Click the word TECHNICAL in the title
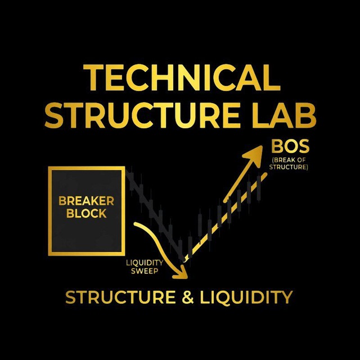[x=182, y=78]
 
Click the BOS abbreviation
[x=290, y=146]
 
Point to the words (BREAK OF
[x=289, y=160]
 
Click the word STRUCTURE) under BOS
[x=289, y=167]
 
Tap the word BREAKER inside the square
[x=86, y=201]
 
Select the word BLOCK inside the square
[x=86, y=213]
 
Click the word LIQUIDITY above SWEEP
[x=145, y=263]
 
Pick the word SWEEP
[x=145, y=271]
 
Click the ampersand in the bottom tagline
[x=188, y=297]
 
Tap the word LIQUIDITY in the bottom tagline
[x=246, y=298]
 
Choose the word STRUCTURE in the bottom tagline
[x=120, y=297]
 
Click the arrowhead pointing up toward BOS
[x=254, y=155]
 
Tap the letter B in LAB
[x=306, y=115]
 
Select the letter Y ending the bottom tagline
[x=287, y=298]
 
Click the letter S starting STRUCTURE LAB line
[x=53, y=115]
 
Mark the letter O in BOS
[x=291, y=146]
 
